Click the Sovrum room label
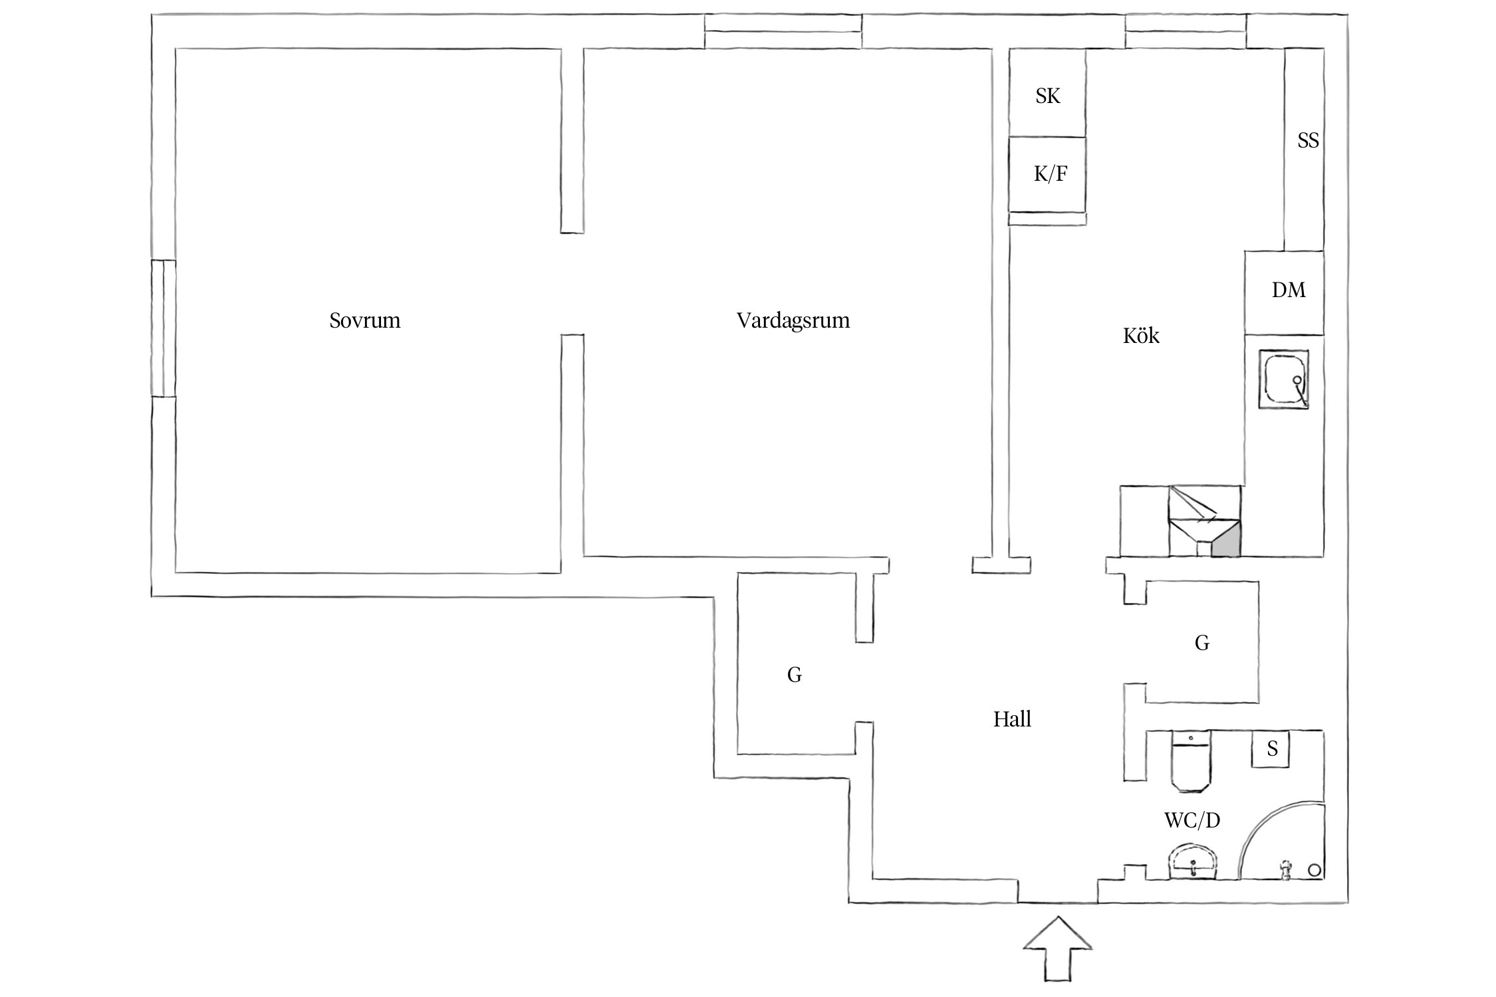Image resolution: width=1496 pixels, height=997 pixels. point(364,321)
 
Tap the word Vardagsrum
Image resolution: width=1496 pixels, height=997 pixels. point(793,321)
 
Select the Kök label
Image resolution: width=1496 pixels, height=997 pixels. point(1141,336)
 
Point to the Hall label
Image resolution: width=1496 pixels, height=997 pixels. point(1012,719)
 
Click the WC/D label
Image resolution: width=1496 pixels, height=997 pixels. point(1192,821)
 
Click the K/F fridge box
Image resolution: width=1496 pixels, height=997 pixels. point(1049,174)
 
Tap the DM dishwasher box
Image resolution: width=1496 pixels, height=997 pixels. point(1287,291)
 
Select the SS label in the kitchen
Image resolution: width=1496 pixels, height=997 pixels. point(1307,141)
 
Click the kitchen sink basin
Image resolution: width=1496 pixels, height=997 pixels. point(1283,380)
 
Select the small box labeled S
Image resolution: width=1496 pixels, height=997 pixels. point(1271,749)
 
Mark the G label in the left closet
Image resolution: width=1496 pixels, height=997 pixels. point(794,675)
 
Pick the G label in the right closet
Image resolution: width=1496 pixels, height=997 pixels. point(1201,643)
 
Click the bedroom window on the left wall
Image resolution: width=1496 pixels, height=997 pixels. point(163,328)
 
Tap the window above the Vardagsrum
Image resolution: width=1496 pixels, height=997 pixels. point(783,31)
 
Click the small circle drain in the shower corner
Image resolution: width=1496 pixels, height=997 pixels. point(1314,870)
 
